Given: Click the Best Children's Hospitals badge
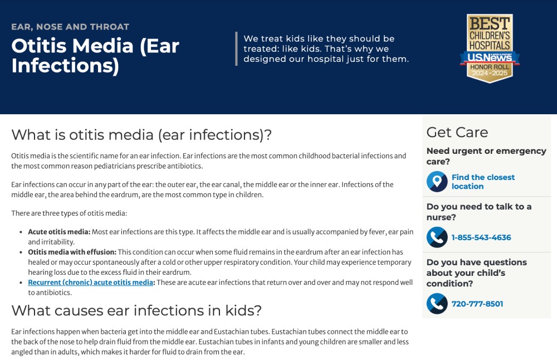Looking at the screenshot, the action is click(490, 48).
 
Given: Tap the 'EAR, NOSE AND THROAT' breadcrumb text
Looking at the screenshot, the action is click(70, 27).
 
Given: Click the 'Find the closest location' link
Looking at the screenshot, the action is click(483, 182).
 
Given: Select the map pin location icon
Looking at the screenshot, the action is click(437, 182).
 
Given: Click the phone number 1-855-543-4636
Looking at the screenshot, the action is click(481, 237).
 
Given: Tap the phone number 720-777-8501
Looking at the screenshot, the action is click(477, 304).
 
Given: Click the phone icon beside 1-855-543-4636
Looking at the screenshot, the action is click(437, 237).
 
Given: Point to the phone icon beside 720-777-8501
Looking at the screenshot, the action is click(437, 304).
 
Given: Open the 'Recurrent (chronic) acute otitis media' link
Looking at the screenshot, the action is click(91, 283).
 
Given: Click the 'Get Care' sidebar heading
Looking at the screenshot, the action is click(457, 132).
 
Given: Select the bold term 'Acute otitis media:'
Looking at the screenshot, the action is click(60, 232).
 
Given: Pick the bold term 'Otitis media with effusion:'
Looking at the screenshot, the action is click(72, 252).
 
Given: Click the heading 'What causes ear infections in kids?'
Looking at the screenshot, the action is click(136, 310).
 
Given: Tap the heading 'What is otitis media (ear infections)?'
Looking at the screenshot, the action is click(141, 135).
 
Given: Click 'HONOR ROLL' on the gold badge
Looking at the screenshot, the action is click(490, 67).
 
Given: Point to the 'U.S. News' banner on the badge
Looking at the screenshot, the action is click(490, 57).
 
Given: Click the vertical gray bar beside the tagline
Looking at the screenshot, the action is click(236, 48).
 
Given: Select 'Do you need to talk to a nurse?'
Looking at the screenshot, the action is click(479, 212).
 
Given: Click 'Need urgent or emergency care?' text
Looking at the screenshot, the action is click(486, 156).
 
